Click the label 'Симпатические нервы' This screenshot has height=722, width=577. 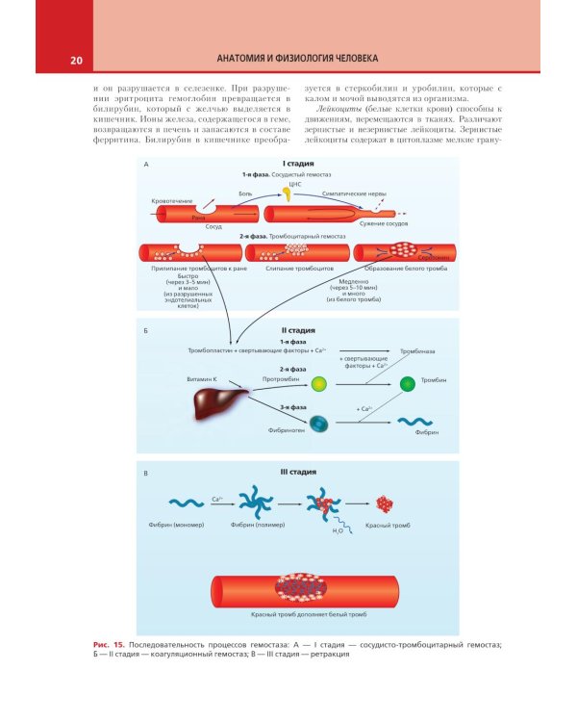350,193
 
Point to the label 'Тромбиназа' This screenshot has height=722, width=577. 417,353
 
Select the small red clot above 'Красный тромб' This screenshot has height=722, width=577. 386,503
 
